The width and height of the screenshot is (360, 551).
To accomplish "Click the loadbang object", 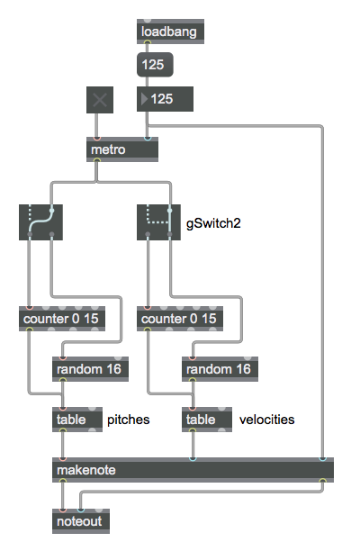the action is pyautogui.click(x=170, y=32).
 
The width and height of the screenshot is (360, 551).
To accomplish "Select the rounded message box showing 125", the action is pyautogui.click(x=155, y=65).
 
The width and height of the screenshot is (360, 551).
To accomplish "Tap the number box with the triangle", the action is pyautogui.click(x=165, y=99).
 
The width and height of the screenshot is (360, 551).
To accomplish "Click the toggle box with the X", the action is pyautogui.click(x=100, y=100).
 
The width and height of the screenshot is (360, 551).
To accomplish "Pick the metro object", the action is pyautogui.click(x=122, y=149).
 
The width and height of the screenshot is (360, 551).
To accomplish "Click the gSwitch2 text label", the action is pyautogui.click(x=213, y=223).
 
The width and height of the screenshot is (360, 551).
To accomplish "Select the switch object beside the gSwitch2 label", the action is pyautogui.click(x=158, y=222).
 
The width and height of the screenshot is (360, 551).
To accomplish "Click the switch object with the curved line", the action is pyautogui.click(x=40, y=222).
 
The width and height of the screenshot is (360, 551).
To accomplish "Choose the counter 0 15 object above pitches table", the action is pyautogui.click(x=62, y=319).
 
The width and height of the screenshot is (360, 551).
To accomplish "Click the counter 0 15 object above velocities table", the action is pyautogui.click(x=180, y=319).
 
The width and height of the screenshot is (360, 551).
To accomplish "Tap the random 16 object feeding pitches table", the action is pyautogui.click(x=90, y=369).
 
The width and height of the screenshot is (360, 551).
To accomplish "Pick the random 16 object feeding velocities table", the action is pyautogui.click(x=220, y=369).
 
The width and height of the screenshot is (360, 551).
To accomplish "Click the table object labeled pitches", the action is pyautogui.click(x=77, y=420).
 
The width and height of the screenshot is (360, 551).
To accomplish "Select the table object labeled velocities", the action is pyautogui.click(x=207, y=420).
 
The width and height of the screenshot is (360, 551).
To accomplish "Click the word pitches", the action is pyautogui.click(x=129, y=420).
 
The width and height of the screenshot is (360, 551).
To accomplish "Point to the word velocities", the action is pyautogui.click(x=267, y=420).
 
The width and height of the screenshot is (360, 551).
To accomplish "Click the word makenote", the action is pyautogui.click(x=86, y=470).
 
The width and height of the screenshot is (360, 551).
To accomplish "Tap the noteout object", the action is pyautogui.click(x=81, y=521).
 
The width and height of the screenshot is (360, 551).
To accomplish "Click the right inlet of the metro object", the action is pyautogui.click(x=148, y=139).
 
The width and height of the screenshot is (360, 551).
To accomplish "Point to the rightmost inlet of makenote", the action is pyautogui.click(x=323, y=459).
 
